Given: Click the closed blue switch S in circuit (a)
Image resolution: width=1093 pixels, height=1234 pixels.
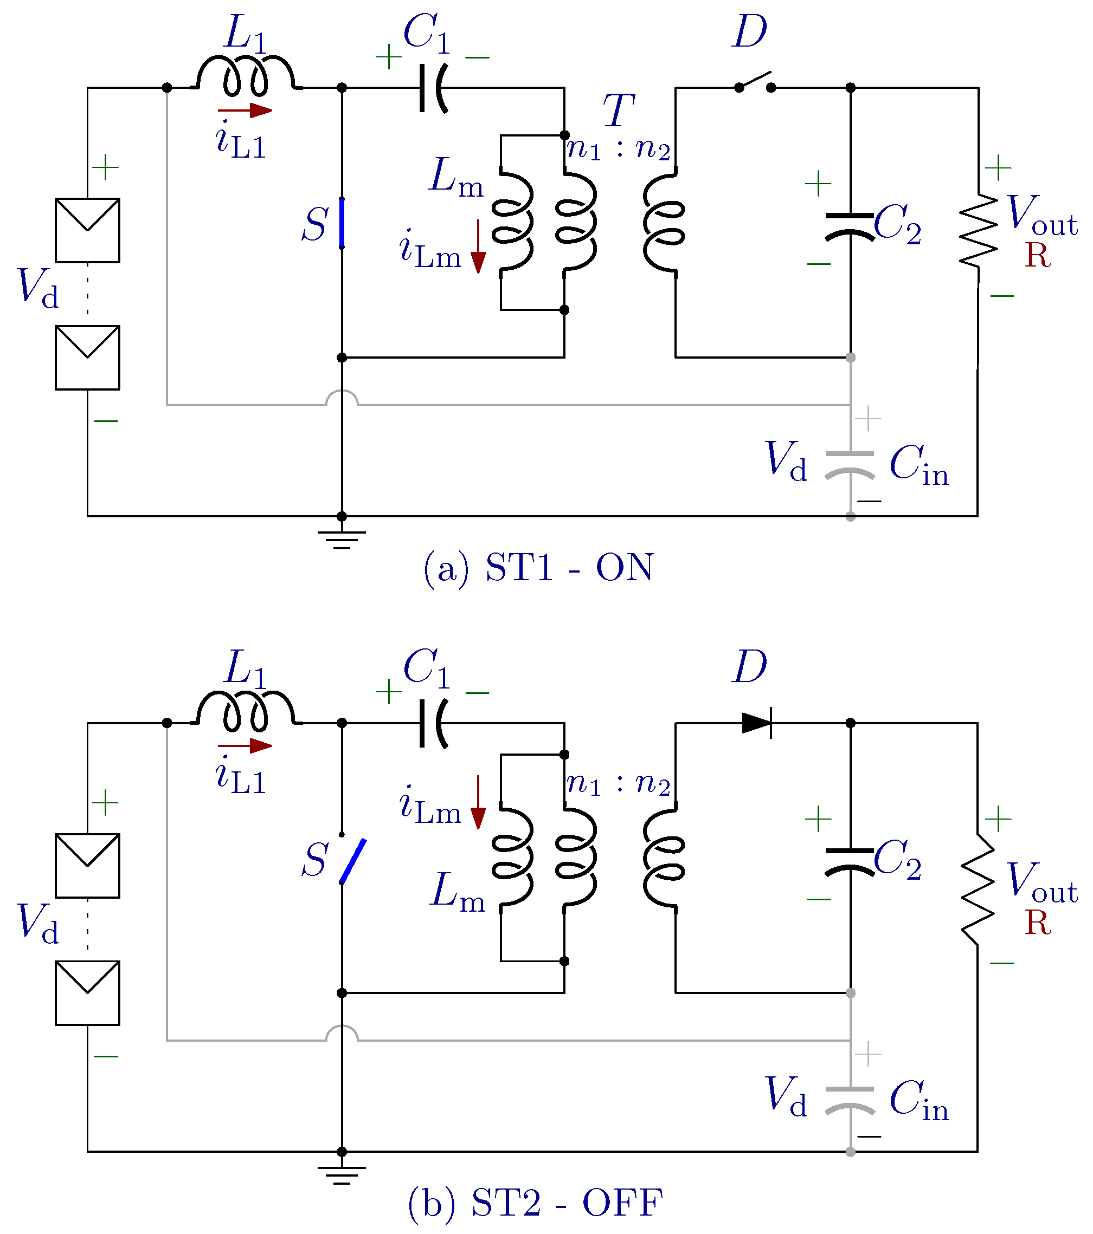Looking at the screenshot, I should point(342,223).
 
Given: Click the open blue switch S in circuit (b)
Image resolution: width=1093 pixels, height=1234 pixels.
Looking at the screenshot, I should point(353,861).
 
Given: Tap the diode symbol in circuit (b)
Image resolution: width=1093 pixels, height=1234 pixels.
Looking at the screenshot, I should point(757,723).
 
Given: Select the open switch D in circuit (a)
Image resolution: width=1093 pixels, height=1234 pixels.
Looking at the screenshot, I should point(755,81).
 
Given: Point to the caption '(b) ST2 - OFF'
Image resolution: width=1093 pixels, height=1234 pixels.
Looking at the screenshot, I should point(535,1202).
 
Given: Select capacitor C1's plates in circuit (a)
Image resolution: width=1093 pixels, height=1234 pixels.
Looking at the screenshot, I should point(434,88).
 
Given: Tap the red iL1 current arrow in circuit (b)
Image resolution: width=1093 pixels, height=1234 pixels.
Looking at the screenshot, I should point(245,745).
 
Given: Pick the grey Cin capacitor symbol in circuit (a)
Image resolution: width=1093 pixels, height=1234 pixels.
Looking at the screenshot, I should point(850,465).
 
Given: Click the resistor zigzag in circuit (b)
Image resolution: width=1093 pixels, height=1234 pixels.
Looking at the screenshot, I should point(978,889).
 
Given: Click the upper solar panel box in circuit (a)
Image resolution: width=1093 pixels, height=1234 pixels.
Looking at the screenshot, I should point(88,230).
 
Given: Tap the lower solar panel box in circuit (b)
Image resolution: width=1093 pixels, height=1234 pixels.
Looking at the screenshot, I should point(88,993).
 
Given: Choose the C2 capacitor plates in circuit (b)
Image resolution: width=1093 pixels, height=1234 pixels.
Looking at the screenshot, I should point(850,860).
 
